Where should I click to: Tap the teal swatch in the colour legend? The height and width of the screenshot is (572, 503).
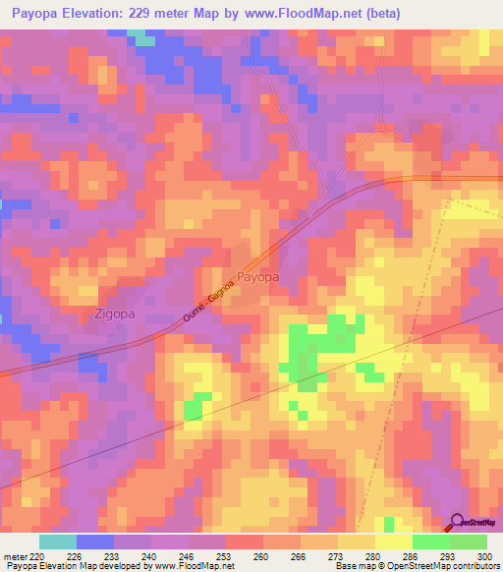coord(58,542)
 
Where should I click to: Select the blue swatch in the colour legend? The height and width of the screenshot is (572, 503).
coord(95,542)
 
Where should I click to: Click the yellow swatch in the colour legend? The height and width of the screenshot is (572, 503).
coord(393,542)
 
